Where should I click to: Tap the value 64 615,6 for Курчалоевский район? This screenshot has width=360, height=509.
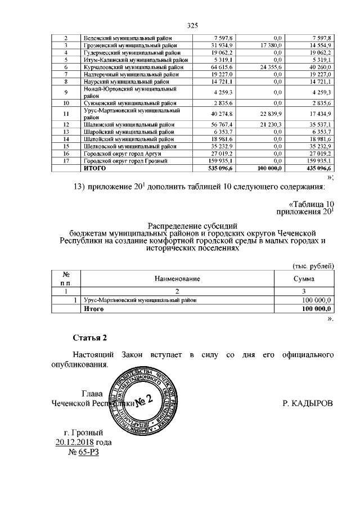(212, 66)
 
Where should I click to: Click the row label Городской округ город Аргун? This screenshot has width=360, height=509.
(122, 153)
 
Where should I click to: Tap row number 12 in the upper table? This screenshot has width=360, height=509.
(66, 124)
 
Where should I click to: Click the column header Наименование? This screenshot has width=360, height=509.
(178, 278)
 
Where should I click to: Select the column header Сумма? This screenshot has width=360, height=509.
(304, 278)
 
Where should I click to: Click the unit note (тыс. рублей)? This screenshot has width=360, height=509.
(313, 265)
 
